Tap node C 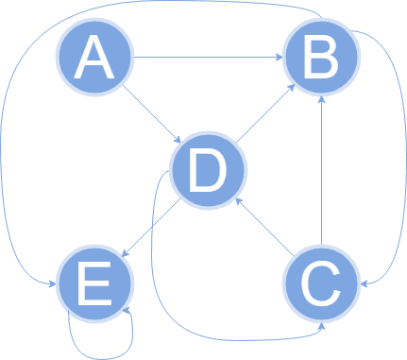pyautogui.click(x=322, y=281)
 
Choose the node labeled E pyautogui.click(x=93, y=283)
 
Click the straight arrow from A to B pyautogui.click(x=208, y=58)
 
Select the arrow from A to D pyautogui.click(x=151, y=115)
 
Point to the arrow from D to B pyautogui.click(x=265, y=115)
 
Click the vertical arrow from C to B pyautogui.click(x=322, y=170)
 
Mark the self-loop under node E pyautogui.click(x=99, y=351)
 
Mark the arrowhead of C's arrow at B pyautogui.click(x=322, y=98)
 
